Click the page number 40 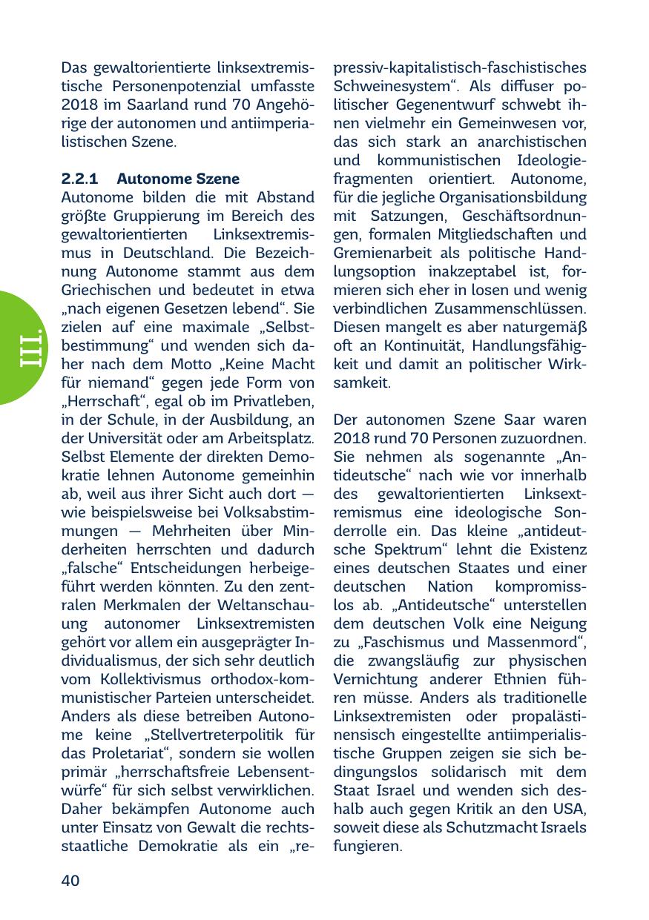click(70, 880)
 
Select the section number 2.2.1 click(79, 179)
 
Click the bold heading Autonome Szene click(178, 179)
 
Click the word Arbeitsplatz click(271, 438)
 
